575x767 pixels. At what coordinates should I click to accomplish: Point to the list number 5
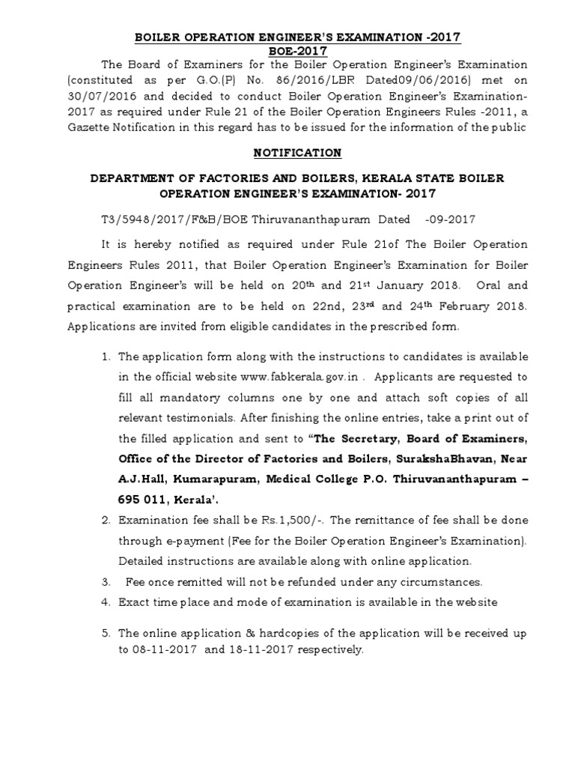click(106, 634)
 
